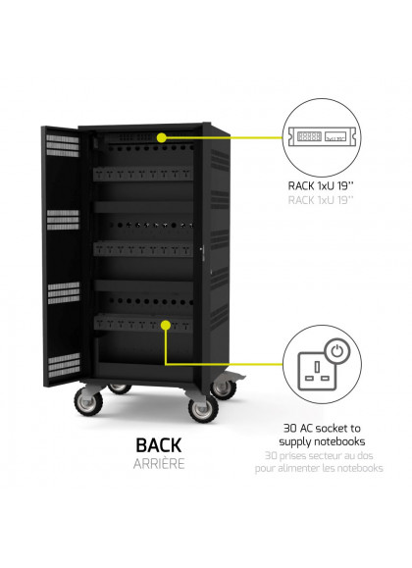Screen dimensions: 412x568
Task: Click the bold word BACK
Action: (x=159, y=445)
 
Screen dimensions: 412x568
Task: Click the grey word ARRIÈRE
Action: (x=159, y=464)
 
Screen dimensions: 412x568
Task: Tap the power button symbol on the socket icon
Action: (x=337, y=350)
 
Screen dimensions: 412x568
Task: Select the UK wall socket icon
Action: (x=317, y=371)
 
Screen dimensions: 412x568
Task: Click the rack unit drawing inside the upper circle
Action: (x=322, y=136)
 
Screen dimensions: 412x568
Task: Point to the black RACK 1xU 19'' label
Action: (x=321, y=185)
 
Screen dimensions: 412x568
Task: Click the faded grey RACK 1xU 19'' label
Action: (x=321, y=200)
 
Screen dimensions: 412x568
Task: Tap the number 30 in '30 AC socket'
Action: (x=290, y=428)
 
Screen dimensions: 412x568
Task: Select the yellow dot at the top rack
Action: (x=162, y=137)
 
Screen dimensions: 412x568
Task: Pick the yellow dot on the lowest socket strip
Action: (x=166, y=325)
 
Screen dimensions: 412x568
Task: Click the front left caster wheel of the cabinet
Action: (x=88, y=401)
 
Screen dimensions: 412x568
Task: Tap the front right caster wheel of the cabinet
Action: (x=203, y=407)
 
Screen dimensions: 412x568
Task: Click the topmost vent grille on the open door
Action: (x=63, y=145)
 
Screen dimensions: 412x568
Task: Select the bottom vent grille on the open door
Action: (x=64, y=365)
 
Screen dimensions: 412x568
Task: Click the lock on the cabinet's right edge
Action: (x=202, y=250)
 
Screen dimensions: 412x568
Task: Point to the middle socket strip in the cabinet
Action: (x=143, y=248)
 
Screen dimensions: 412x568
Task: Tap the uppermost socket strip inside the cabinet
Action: (x=143, y=174)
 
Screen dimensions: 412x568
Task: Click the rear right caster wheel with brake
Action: (x=224, y=387)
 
